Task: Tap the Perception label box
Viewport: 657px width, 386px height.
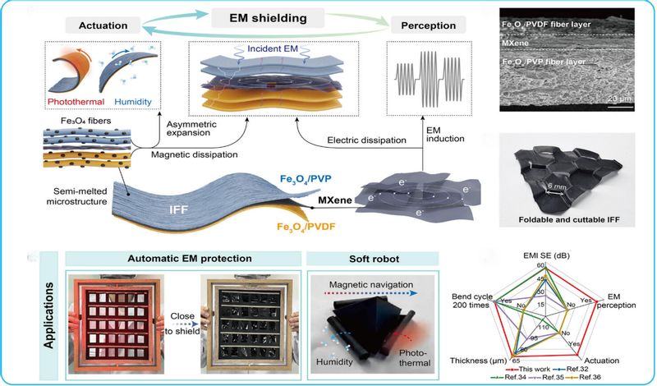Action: tap(429, 26)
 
